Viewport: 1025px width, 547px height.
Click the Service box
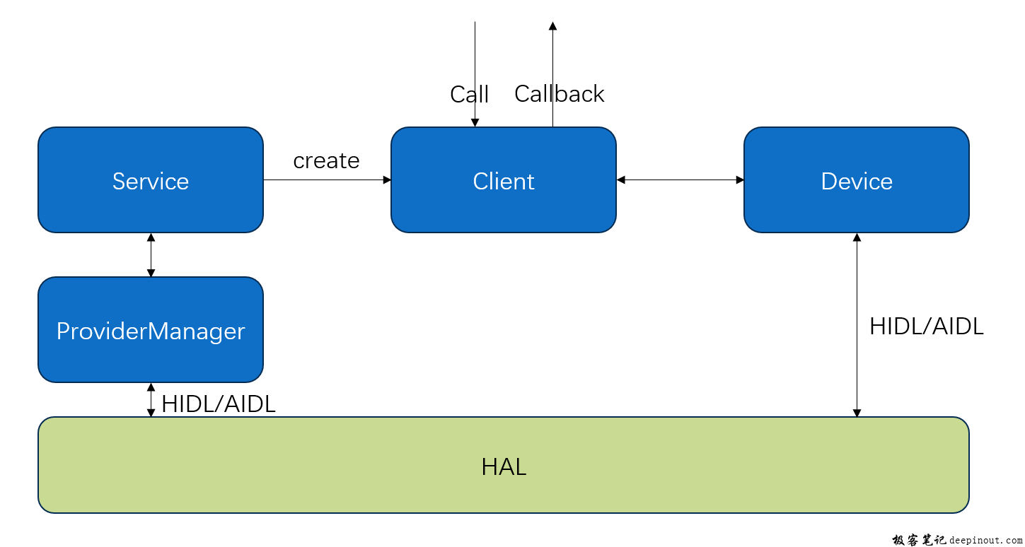(151, 180)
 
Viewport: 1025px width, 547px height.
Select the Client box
(504, 180)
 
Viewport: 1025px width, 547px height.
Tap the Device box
(857, 180)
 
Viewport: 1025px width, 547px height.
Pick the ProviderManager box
(151, 329)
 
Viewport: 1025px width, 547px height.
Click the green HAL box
(504, 465)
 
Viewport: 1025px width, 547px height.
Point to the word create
(326, 161)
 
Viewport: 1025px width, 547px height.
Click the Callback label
(559, 94)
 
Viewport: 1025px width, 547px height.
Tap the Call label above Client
(470, 94)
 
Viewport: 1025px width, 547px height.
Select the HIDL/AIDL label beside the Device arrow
(926, 327)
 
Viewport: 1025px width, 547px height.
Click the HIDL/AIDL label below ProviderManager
(219, 404)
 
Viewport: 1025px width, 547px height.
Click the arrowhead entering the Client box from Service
(387, 180)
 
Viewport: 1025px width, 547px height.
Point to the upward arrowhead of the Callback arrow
(552, 25)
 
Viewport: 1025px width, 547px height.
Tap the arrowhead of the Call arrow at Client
(475, 122)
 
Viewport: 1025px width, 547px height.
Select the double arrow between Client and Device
(680, 180)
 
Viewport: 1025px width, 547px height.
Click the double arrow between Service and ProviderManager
(151, 255)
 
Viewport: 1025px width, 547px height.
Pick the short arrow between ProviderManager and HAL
(151, 400)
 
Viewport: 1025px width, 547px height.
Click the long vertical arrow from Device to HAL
(857, 325)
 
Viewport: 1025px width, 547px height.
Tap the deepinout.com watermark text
(985, 540)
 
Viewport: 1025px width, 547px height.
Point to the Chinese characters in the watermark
(919, 540)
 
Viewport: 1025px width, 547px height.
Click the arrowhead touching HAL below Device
(857, 413)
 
